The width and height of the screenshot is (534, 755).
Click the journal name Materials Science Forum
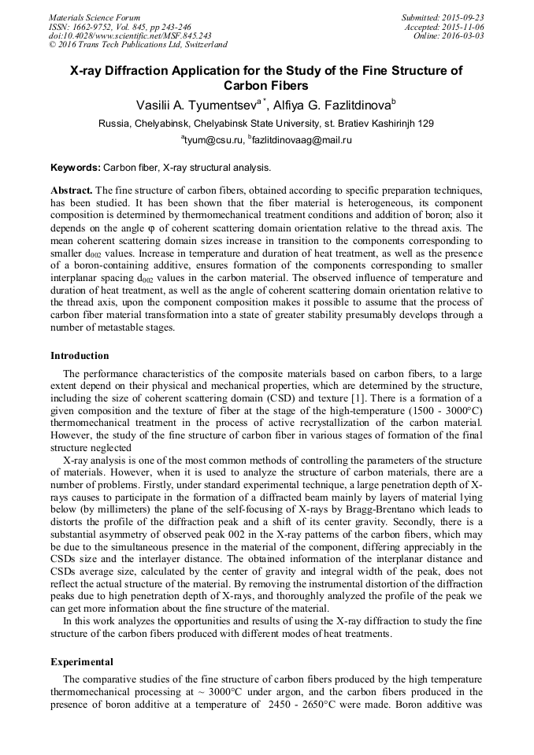pyautogui.click(x=95, y=17)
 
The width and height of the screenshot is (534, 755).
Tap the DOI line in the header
pyautogui.click(x=130, y=35)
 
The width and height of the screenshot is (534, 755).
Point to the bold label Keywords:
pyautogui.click(x=76, y=168)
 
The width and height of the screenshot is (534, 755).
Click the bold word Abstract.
pyautogui.click(x=72, y=191)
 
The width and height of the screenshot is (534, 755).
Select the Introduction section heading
pyautogui.click(x=80, y=356)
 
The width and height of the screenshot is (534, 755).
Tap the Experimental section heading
pyautogui.click(x=82, y=661)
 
